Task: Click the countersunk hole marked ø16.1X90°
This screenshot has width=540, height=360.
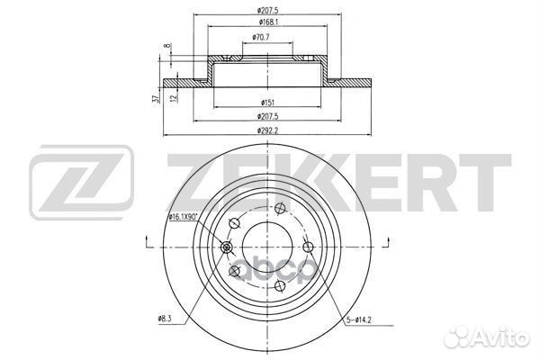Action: click(226, 249)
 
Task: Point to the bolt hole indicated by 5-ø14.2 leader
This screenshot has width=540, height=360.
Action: click(309, 247)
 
